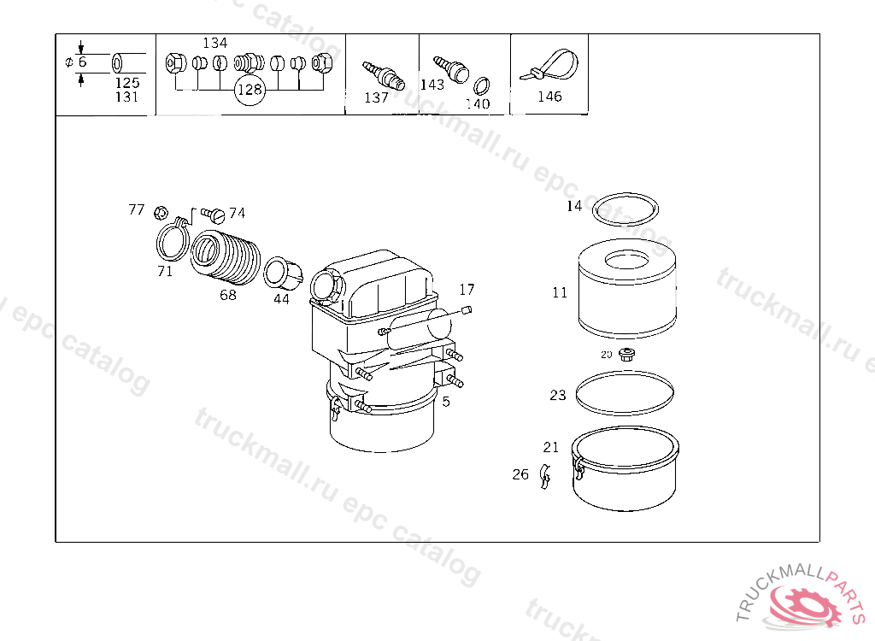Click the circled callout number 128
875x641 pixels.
point(250,90)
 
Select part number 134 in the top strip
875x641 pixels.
point(215,43)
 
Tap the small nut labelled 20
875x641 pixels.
point(627,354)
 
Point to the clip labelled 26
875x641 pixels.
point(543,478)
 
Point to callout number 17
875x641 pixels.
point(467,290)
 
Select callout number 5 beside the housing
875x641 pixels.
point(445,401)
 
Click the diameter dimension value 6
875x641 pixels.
point(82,62)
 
